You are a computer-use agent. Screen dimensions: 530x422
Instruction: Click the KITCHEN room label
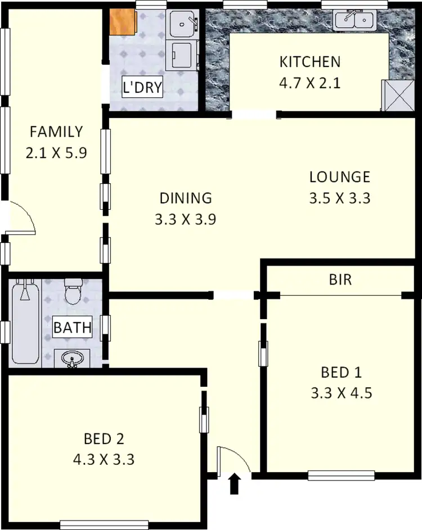click(310, 61)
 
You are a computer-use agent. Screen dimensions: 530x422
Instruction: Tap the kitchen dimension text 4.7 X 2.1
click(310, 84)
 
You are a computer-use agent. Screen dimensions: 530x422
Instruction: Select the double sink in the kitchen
click(354, 21)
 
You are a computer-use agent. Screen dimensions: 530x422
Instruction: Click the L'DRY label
click(143, 88)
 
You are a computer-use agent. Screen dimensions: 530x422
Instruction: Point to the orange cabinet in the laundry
click(123, 22)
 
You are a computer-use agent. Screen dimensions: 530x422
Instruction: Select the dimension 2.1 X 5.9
click(56, 153)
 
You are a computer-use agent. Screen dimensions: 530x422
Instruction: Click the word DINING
click(186, 198)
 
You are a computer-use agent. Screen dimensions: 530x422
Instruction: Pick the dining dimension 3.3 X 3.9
click(186, 219)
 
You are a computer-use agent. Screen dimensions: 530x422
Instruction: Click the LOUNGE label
click(340, 177)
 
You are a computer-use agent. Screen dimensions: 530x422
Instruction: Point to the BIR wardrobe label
click(340, 279)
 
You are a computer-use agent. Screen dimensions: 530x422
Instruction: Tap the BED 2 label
click(104, 438)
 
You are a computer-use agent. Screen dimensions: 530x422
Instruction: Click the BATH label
click(73, 328)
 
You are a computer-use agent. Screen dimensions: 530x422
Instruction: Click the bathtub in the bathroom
click(25, 323)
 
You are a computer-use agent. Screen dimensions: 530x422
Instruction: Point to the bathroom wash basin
click(72, 358)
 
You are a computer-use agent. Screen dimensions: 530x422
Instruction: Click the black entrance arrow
click(235, 483)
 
